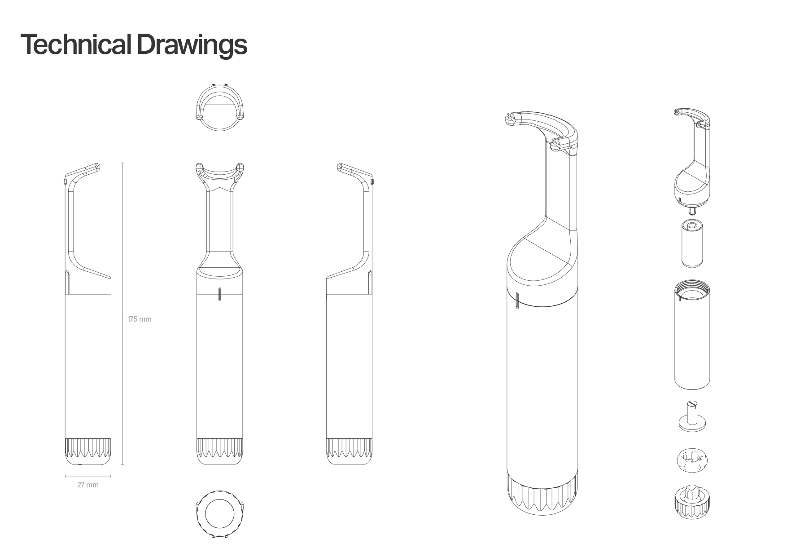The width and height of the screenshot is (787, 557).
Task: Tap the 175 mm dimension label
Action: (x=140, y=319)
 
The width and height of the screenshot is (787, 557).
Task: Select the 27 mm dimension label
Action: (x=88, y=485)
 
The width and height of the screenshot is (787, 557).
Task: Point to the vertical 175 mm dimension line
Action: (x=122, y=314)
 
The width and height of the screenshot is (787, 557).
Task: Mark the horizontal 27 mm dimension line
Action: (x=88, y=476)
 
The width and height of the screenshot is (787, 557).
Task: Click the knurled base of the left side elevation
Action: (x=88, y=451)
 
